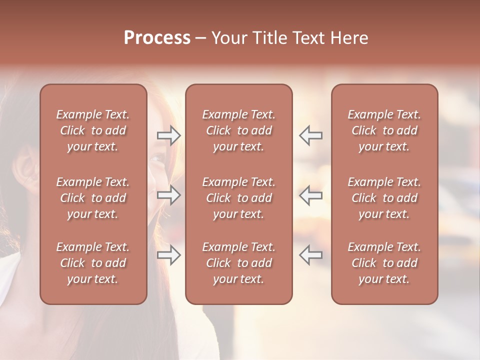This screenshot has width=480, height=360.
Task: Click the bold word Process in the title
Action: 157,38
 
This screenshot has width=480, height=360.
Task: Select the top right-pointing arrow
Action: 168,135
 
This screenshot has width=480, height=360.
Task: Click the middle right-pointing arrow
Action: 168,195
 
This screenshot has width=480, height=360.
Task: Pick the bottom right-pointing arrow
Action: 168,255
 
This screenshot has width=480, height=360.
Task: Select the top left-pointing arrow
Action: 310,135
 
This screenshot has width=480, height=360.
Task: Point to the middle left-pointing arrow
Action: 310,195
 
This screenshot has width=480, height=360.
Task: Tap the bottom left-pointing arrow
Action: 310,255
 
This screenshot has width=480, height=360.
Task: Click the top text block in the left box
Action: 93,130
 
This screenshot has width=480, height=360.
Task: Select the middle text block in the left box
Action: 93,198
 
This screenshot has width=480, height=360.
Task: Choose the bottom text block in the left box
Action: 93,263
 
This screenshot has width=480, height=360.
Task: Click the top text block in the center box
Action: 238,130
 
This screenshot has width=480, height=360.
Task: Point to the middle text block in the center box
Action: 238,198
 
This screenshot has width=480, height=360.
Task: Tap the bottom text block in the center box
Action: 238,263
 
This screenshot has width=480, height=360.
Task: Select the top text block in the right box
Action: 384,130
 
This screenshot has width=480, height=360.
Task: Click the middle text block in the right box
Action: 384,198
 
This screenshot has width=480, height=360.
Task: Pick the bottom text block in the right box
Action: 384,263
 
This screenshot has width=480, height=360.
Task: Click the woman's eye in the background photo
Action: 156,159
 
